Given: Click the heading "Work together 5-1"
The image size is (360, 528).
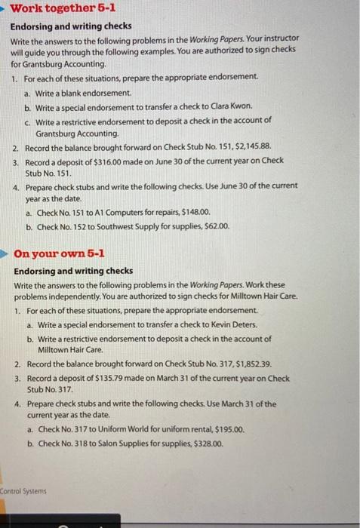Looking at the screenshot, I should [62, 11].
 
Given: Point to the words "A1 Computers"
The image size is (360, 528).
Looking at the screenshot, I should [112, 213].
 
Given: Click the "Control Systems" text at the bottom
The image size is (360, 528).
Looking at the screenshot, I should [23, 491].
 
